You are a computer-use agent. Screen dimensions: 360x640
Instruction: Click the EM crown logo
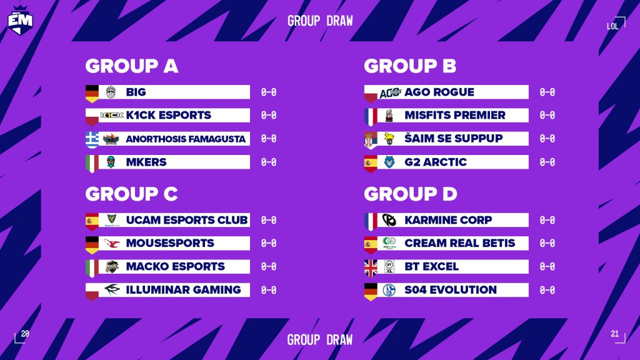20,19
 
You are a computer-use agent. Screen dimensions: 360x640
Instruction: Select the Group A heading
132,66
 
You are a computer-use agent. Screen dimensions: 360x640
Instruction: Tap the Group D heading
411,194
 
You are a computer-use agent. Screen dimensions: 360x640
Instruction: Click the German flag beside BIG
92,93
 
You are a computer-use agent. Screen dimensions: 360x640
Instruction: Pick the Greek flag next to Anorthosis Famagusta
92,139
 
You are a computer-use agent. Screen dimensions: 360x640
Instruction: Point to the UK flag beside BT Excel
371,267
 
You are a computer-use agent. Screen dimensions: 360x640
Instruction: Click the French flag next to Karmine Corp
371,221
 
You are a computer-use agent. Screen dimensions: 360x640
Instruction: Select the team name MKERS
146,162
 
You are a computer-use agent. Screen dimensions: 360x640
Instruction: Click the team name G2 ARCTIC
436,162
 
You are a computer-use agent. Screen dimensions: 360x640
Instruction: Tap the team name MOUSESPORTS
170,243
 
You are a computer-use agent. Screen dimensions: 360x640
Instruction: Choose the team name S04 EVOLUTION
451,290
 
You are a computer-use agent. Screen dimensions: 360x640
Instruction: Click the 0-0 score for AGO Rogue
547,92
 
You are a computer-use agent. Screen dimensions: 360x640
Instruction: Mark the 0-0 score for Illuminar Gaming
269,290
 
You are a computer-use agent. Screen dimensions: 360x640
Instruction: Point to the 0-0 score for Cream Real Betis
547,243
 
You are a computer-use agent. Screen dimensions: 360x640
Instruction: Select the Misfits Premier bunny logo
389,116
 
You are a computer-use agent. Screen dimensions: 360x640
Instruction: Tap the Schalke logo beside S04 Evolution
389,290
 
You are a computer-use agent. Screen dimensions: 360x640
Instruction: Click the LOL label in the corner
612,26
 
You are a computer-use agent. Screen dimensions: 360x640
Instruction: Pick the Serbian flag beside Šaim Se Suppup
371,139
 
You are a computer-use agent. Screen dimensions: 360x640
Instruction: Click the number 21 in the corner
614,334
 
